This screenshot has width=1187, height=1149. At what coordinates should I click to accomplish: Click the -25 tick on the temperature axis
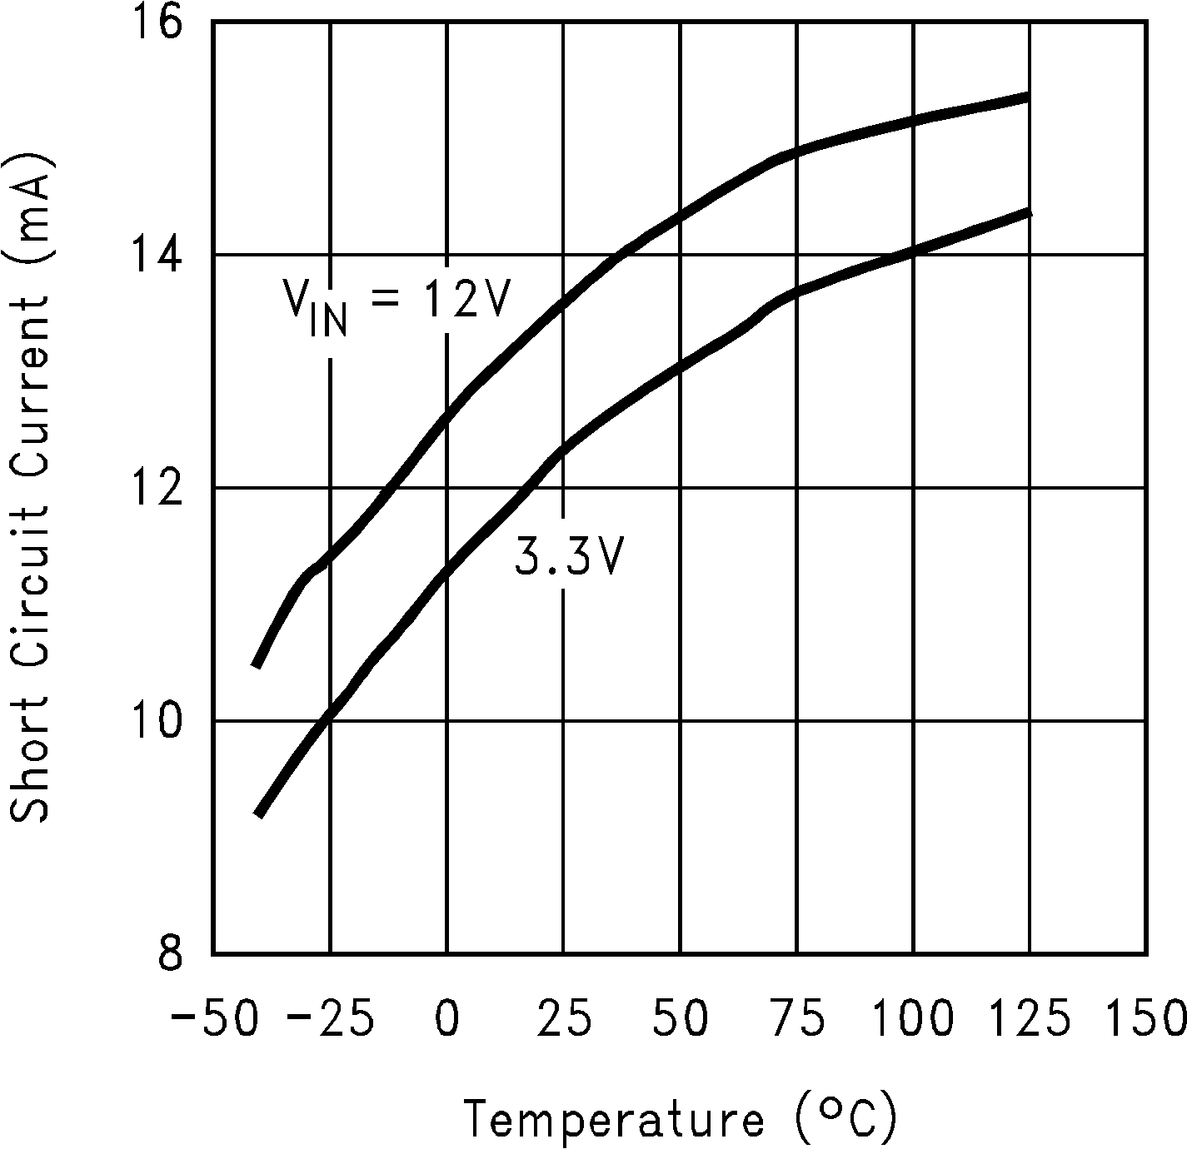pos(330,1019)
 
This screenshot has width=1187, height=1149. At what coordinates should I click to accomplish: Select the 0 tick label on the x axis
pos(447,1019)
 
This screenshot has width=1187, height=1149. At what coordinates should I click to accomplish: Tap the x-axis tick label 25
pos(564,1019)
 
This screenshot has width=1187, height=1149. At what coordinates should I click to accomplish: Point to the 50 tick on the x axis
pos(681,1019)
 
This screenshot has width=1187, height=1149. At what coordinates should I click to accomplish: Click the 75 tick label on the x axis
pos(797,1019)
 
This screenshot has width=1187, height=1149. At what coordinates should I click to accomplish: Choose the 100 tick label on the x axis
pos(914,1019)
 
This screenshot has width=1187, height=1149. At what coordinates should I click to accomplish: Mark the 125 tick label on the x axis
pos(1030,1019)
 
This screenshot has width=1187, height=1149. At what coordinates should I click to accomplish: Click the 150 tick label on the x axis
pos(1147,1019)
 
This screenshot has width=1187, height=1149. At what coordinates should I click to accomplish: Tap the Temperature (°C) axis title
pos(681,1117)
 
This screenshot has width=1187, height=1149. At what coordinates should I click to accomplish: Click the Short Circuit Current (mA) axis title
pos(30,488)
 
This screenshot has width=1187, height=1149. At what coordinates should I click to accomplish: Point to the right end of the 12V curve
pos(1029,97)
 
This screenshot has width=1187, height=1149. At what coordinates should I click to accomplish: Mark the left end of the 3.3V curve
pos(258,814)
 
